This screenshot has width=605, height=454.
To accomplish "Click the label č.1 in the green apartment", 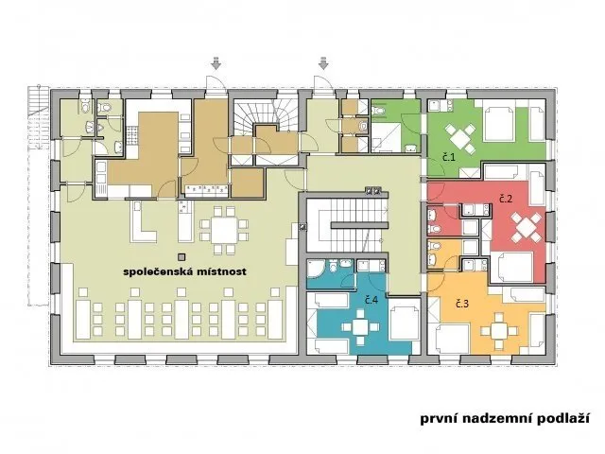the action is (x=449, y=157).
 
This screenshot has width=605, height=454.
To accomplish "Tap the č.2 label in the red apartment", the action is (x=506, y=199).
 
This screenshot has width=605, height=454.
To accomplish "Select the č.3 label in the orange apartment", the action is (x=462, y=304).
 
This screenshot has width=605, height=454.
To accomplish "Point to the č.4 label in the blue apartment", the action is (x=372, y=300).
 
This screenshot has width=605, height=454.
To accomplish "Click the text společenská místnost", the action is (x=184, y=271).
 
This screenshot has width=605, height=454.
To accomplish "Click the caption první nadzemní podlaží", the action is (x=505, y=418).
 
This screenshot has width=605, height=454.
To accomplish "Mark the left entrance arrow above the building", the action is (x=216, y=63).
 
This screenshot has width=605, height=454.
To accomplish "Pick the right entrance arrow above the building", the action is (x=323, y=63).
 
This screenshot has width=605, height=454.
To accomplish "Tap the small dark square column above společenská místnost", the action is (x=181, y=256).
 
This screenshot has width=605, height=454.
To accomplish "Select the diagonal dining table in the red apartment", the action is (x=526, y=227).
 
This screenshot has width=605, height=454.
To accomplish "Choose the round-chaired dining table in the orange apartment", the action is (x=499, y=331).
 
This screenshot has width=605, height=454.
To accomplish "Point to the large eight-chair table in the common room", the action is (x=224, y=231).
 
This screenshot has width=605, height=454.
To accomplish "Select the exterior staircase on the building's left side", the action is (x=39, y=117).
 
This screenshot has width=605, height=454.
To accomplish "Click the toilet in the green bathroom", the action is (x=378, y=110).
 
